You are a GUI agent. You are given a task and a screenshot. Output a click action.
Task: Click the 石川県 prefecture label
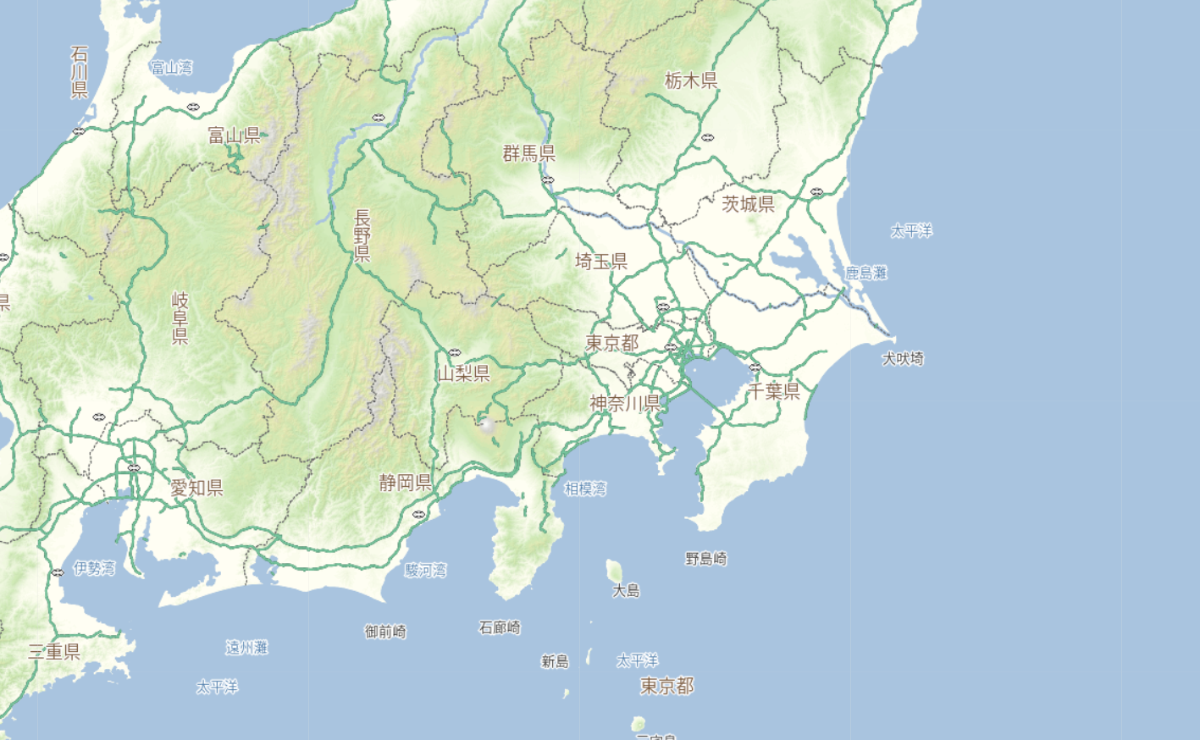pyautogui.click(x=80, y=72)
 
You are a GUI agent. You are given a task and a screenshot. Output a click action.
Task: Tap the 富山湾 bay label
pyautogui.click(x=171, y=68)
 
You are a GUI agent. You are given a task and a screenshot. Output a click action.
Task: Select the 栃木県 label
pyautogui.click(x=691, y=80)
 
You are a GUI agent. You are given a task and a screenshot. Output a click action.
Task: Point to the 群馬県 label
pyautogui.click(x=529, y=153)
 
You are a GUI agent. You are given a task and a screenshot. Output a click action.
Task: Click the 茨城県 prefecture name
pyautogui.click(x=748, y=203)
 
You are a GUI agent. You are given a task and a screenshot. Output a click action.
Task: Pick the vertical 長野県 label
pyautogui.click(x=362, y=235)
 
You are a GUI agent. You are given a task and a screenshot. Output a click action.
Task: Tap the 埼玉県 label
pyautogui.click(x=601, y=261)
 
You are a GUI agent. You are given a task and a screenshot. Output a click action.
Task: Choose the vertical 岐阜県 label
pyautogui.click(x=180, y=318)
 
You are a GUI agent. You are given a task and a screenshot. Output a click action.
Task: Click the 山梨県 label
pyautogui.click(x=464, y=373)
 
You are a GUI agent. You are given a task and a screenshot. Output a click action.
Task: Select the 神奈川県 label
pyautogui.click(x=625, y=403)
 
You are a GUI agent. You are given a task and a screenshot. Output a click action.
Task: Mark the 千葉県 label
pyautogui.click(x=774, y=390)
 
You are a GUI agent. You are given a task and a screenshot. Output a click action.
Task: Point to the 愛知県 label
pyautogui.click(x=196, y=488)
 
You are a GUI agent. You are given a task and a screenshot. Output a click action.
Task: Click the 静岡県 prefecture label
pyautogui.click(x=406, y=483)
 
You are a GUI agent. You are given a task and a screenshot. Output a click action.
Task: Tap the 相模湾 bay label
pyautogui.click(x=585, y=489)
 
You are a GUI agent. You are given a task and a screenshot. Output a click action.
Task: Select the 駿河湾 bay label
pyautogui.click(x=425, y=570)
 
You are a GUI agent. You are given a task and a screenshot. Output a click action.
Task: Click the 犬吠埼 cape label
pyautogui.click(x=903, y=358)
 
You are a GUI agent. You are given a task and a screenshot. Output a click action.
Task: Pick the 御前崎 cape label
pyautogui.click(x=385, y=631)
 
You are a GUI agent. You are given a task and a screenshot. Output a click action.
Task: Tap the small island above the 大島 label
pyautogui.click(x=615, y=570)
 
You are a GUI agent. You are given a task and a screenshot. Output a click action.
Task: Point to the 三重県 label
pyautogui.click(x=54, y=651)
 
